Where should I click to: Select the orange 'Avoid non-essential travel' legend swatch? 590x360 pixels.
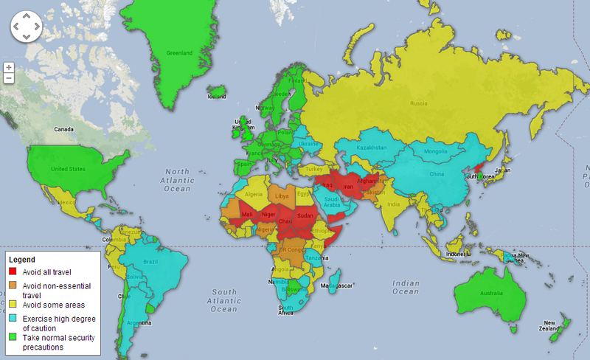tap(13, 285)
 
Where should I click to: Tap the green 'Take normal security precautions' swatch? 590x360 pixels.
tap(13, 336)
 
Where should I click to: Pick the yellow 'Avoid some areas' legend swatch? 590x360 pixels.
tap(13, 305)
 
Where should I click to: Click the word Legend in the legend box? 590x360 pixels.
tap(22, 260)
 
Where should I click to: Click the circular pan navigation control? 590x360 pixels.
tap(27, 28)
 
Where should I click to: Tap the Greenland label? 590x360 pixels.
tap(178, 53)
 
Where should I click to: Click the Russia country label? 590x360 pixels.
tap(419, 103)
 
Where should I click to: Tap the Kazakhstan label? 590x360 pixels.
tap(371, 148)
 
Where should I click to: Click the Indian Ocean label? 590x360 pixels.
tap(406, 288)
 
